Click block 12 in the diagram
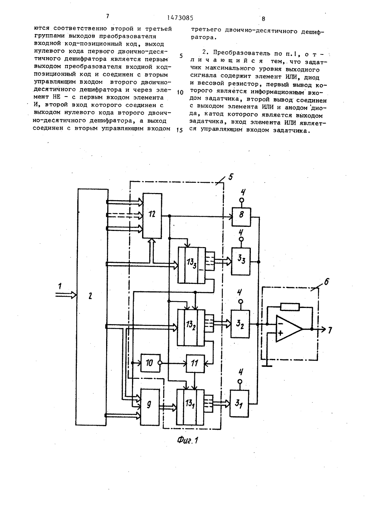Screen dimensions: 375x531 click(152, 216)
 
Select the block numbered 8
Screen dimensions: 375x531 click(241, 217)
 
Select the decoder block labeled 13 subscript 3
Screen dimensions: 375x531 click(192, 265)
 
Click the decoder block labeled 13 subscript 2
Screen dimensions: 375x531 click(191, 327)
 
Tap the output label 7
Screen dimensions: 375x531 click(330, 330)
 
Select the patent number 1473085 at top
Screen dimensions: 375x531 click(180, 18)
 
